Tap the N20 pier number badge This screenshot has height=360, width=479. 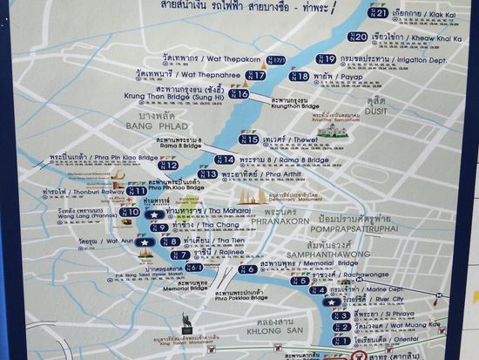tap(358, 37)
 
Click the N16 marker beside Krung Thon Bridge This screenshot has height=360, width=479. tap(239, 93)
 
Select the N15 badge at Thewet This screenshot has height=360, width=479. tap(250, 139)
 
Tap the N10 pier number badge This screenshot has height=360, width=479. tap(130, 212)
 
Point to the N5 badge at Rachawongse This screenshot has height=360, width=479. tap(300, 280)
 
